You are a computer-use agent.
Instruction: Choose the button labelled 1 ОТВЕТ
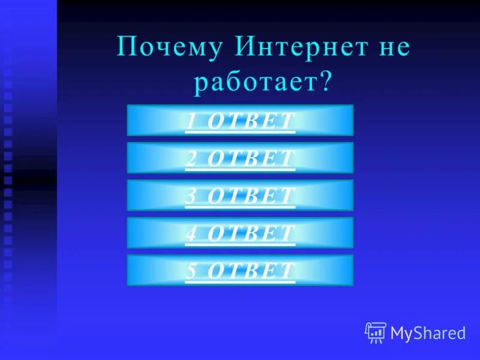pos(240,120)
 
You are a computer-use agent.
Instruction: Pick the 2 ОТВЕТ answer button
pos(240,158)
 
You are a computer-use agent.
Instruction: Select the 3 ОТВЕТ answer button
pos(240,195)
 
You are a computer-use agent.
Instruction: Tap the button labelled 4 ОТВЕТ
pos(240,233)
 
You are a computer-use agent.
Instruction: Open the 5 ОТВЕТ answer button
pos(240,270)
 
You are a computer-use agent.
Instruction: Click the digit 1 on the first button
pos(191,121)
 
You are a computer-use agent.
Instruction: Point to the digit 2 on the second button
pos(191,158)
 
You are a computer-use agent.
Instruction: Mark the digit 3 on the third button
pos(191,196)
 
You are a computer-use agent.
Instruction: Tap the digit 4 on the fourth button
pos(191,233)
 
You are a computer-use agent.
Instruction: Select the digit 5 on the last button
pos(191,271)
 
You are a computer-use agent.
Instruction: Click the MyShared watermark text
pos(428,333)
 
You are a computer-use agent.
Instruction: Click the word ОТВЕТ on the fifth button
pos(251,271)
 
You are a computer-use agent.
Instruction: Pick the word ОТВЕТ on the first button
pos(251,121)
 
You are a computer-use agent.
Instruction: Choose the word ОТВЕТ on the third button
pos(251,196)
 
